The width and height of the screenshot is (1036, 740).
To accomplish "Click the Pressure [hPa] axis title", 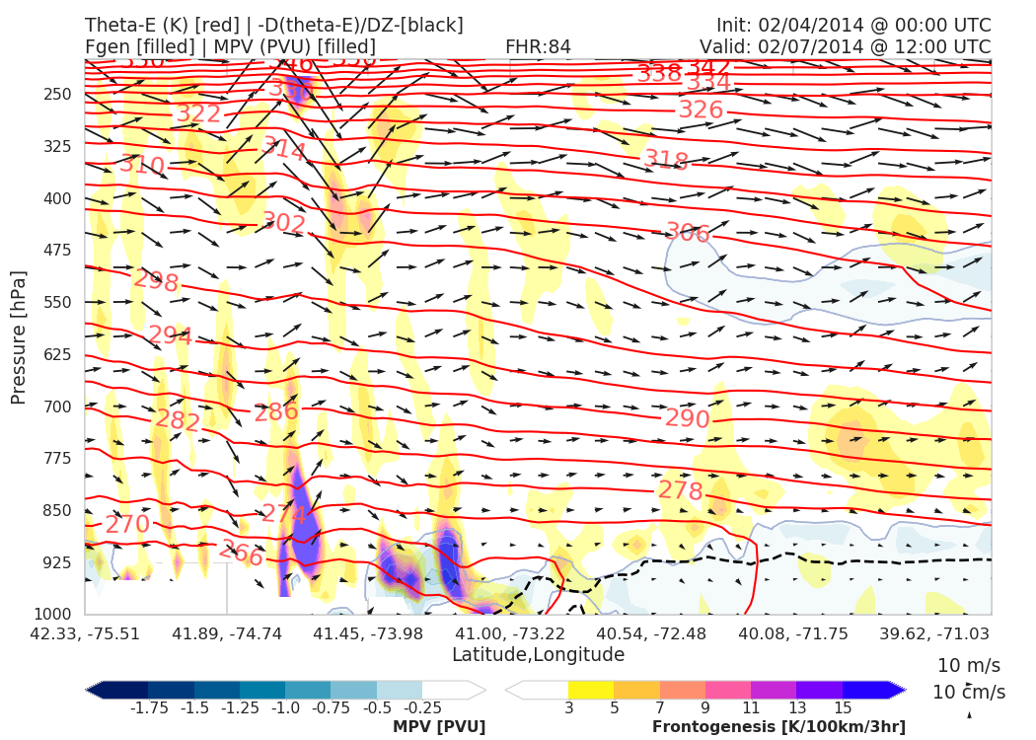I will coord(18,337).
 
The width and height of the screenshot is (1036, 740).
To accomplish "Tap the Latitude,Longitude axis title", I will coord(538,654).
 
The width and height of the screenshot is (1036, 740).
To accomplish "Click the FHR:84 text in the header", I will coord(538,46).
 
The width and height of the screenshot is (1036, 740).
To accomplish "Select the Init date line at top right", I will coord(854,26).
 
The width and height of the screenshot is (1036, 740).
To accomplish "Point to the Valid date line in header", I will coord(846,46).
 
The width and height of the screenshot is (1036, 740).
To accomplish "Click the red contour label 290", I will coord(687,419).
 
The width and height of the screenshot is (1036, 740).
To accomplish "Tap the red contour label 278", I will coord(680,491).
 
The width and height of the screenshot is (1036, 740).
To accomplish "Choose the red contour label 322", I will coord(198,113).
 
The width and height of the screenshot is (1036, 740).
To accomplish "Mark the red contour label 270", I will coord(127,524).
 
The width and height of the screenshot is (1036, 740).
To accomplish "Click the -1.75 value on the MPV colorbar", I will coord(148,707).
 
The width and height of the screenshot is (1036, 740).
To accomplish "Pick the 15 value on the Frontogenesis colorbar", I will coord(842,707).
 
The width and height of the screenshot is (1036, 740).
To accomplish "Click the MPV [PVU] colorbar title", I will coord(439,727).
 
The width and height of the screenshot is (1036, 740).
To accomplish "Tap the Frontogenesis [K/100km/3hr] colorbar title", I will coord(778,727).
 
